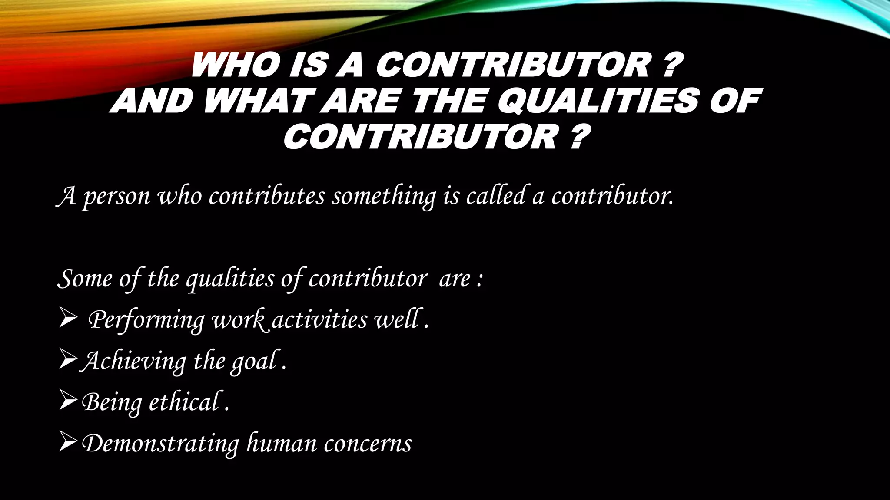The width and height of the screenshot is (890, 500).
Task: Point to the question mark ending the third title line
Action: (x=577, y=137)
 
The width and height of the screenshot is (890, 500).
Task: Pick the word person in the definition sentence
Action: (x=116, y=197)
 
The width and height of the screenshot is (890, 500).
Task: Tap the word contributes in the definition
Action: (x=266, y=196)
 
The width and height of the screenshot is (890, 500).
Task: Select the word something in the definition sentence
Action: (x=384, y=197)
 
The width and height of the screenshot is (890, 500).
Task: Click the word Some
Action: (x=85, y=278)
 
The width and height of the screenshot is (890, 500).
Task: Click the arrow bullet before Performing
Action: (x=68, y=320)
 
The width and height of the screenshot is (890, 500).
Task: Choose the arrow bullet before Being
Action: (x=69, y=402)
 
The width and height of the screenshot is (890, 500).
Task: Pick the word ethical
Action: (x=186, y=402)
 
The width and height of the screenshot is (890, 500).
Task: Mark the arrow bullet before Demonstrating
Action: (x=69, y=443)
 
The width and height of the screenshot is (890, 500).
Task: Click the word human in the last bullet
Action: (x=282, y=443)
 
